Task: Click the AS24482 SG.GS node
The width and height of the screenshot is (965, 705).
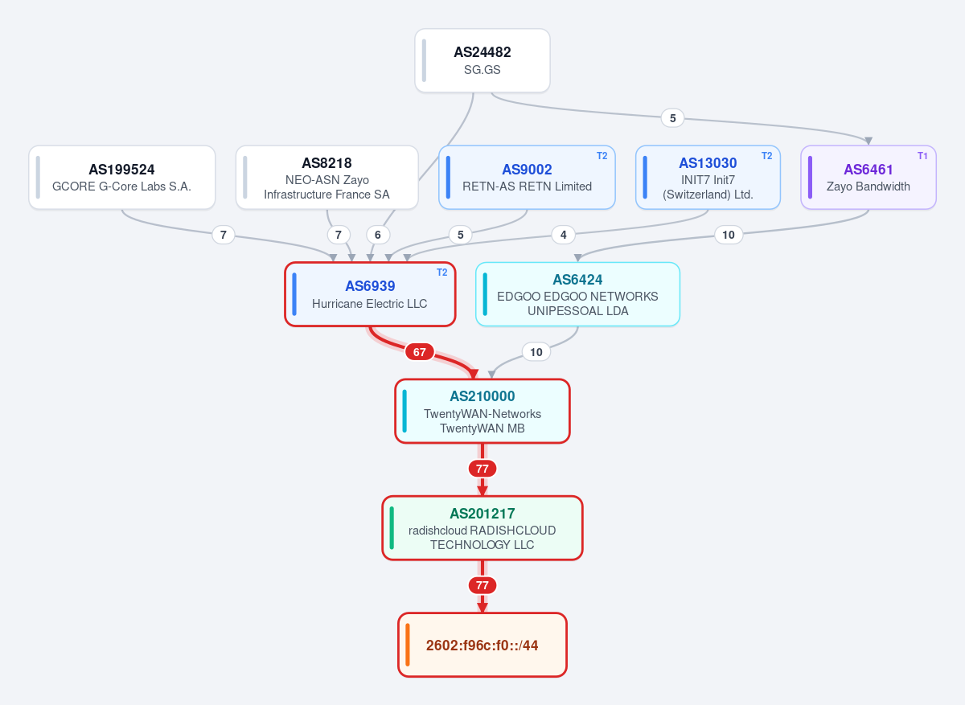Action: click(x=482, y=61)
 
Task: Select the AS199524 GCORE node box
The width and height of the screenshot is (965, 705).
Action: click(x=122, y=178)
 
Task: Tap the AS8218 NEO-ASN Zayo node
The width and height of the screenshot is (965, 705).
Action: click(x=327, y=178)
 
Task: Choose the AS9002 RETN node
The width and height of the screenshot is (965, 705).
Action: click(x=527, y=178)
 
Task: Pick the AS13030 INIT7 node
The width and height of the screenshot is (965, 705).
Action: click(x=708, y=178)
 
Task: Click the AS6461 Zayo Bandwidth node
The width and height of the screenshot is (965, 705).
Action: click(x=868, y=178)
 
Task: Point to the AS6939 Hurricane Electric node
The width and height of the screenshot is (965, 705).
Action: click(x=370, y=294)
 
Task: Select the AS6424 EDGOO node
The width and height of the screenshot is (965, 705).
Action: click(x=577, y=294)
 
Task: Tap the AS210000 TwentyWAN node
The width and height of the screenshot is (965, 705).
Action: click(x=482, y=411)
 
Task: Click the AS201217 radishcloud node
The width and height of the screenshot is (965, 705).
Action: click(x=482, y=528)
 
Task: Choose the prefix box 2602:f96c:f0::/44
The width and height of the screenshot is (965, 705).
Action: click(x=482, y=645)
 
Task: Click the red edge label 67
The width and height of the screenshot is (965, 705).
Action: click(x=419, y=352)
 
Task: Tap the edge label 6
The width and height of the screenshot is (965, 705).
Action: click(x=378, y=235)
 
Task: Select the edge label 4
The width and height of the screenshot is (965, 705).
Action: click(x=563, y=235)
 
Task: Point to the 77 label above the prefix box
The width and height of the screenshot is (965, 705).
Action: click(x=482, y=585)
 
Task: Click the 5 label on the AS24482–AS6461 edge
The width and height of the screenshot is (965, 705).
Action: click(x=672, y=118)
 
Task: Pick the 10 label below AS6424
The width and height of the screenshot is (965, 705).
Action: click(x=536, y=352)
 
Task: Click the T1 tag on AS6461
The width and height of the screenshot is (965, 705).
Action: click(x=922, y=156)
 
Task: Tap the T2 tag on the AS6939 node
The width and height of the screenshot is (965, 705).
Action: click(x=442, y=273)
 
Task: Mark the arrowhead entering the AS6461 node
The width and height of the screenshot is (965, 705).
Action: click(x=868, y=141)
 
